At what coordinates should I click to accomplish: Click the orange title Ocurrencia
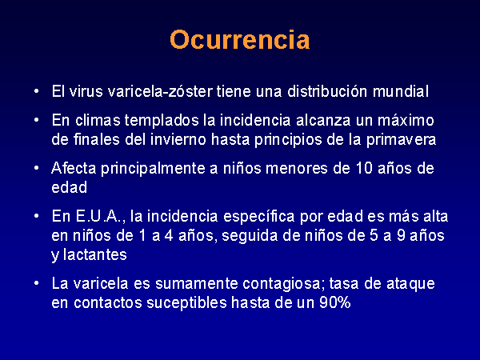point(240,39)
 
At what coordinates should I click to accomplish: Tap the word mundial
point(401,91)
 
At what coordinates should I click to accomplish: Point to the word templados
point(162,120)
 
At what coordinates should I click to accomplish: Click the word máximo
point(406,120)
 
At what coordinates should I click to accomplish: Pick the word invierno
point(178,139)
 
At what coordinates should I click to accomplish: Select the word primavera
point(401,140)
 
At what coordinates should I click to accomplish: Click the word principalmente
point(153,168)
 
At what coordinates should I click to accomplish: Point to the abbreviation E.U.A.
point(101,217)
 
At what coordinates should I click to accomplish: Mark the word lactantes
point(95,255)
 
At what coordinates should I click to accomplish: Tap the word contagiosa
point(283,284)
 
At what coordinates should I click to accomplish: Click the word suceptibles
point(186,303)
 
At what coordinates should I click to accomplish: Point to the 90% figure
point(335,303)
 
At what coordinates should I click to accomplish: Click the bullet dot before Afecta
point(37,168)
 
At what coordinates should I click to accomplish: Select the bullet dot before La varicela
point(37,283)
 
